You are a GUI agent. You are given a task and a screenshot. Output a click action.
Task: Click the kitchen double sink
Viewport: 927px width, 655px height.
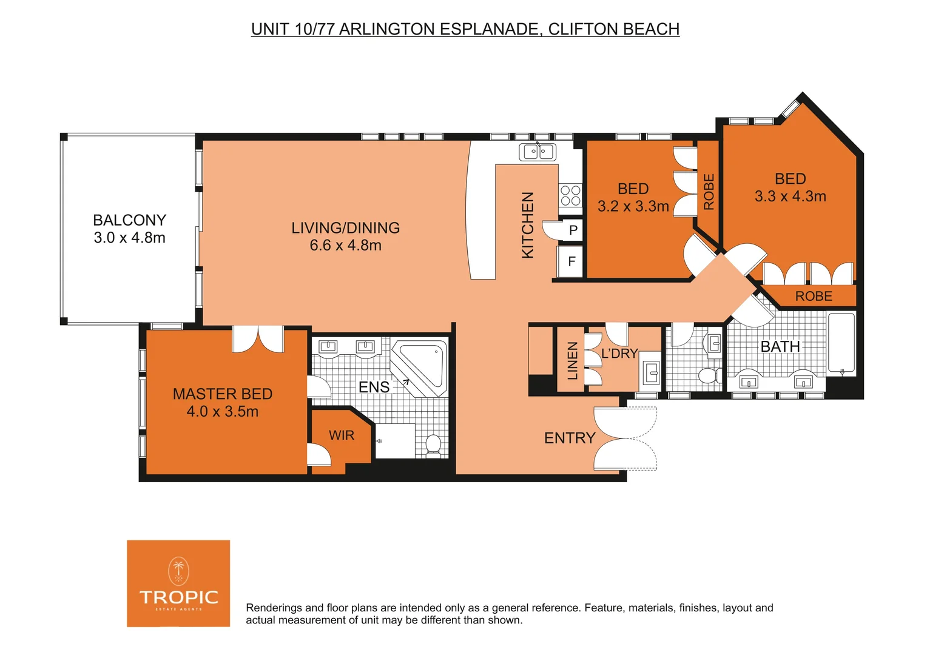pyautogui.click(x=538, y=152)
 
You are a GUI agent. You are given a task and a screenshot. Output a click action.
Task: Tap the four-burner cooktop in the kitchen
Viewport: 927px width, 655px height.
pyautogui.click(x=570, y=196)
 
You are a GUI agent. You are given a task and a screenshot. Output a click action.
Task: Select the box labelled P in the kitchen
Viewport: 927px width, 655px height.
pyautogui.click(x=573, y=230)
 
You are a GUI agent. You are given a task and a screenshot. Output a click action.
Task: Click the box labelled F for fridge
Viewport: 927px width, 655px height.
pyautogui.click(x=571, y=262)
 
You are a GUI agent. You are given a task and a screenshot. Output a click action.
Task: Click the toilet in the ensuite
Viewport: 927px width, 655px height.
pyautogui.click(x=433, y=445)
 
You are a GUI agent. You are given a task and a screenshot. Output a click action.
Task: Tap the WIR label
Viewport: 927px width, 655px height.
pyautogui.click(x=342, y=435)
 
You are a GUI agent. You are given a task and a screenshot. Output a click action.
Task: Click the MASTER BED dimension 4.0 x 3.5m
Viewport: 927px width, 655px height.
pyautogui.click(x=223, y=412)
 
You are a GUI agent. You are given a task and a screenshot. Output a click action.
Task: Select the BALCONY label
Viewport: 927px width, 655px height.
pyautogui.click(x=129, y=220)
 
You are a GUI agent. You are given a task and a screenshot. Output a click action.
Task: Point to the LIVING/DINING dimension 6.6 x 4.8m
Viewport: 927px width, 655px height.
pyautogui.click(x=345, y=246)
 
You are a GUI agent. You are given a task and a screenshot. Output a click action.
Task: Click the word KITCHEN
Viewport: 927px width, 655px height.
pyautogui.click(x=528, y=225)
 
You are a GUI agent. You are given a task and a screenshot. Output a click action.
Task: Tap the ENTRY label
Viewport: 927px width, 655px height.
pyautogui.click(x=570, y=438)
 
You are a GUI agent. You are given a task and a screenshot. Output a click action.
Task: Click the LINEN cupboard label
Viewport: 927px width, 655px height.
pyautogui.click(x=572, y=361)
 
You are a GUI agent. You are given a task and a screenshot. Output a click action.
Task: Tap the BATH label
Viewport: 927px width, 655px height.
pyautogui.click(x=780, y=347)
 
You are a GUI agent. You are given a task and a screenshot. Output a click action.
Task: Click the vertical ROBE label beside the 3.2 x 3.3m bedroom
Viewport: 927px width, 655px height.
pyautogui.click(x=709, y=192)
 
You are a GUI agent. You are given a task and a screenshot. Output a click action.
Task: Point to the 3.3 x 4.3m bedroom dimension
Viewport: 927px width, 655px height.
pyautogui.click(x=790, y=196)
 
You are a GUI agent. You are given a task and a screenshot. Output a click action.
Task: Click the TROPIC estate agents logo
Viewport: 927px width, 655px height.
pyautogui.click(x=178, y=583)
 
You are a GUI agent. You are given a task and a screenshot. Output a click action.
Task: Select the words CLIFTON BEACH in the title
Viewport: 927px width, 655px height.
pyautogui.click(x=613, y=29)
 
